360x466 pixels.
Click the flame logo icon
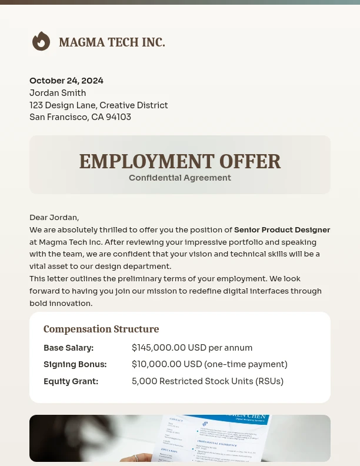[41, 42]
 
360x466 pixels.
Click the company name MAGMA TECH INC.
[112, 42]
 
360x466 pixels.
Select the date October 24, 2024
[66, 81]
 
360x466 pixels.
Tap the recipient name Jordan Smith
[58, 93]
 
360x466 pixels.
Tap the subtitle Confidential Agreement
[180, 178]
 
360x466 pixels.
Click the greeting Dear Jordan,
[54, 218]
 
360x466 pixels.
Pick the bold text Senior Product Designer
[282, 230]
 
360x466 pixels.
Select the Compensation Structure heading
[101, 329]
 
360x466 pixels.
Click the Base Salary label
[68, 348]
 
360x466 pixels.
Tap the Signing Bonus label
[75, 364]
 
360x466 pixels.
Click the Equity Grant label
[71, 381]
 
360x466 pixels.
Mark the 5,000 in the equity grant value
[144, 381]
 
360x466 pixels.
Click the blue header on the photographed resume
[235, 420]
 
